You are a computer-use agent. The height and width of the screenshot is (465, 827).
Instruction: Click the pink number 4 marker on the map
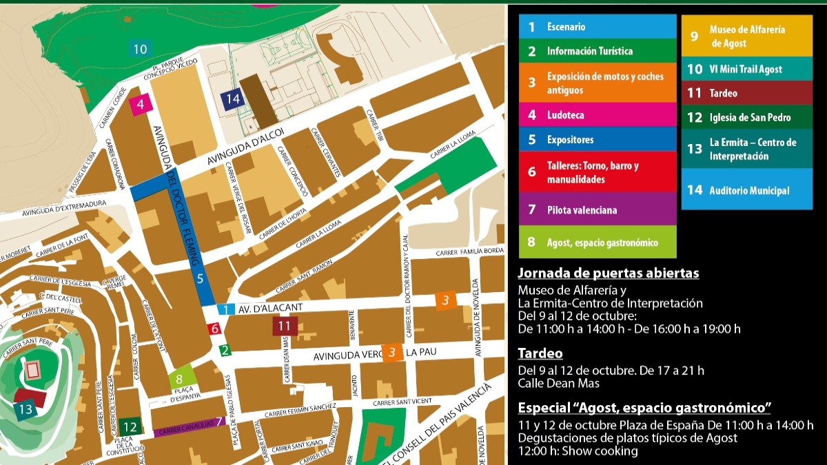pyautogui.click(x=140, y=105)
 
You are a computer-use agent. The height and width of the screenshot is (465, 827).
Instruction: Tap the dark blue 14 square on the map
pyautogui.click(x=233, y=99)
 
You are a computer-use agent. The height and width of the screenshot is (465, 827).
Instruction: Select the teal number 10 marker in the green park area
pyautogui.click(x=140, y=49)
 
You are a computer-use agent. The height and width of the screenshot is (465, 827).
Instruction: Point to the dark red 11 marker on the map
pyautogui.click(x=285, y=324)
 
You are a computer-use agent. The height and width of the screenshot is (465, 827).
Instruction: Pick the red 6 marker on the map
pyautogui.click(x=214, y=329)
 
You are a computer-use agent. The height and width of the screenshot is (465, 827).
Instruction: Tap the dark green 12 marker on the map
pyautogui.click(x=130, y=426)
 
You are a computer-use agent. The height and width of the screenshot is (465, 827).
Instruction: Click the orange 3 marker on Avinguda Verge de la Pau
pyautogui.click(x=391, y=353)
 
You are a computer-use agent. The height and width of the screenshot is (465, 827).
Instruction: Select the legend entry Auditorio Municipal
pyautogui.click(x=747, y=191)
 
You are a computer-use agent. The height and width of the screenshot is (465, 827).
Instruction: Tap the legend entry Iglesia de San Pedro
pyautogui.click(x=747, y=118)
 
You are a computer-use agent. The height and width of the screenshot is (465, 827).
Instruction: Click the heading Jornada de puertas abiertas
pyautogui.click(x=609, y=273)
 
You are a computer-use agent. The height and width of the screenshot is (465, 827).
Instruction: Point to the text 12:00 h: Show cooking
pyautogui.click(x=578, y=451)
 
